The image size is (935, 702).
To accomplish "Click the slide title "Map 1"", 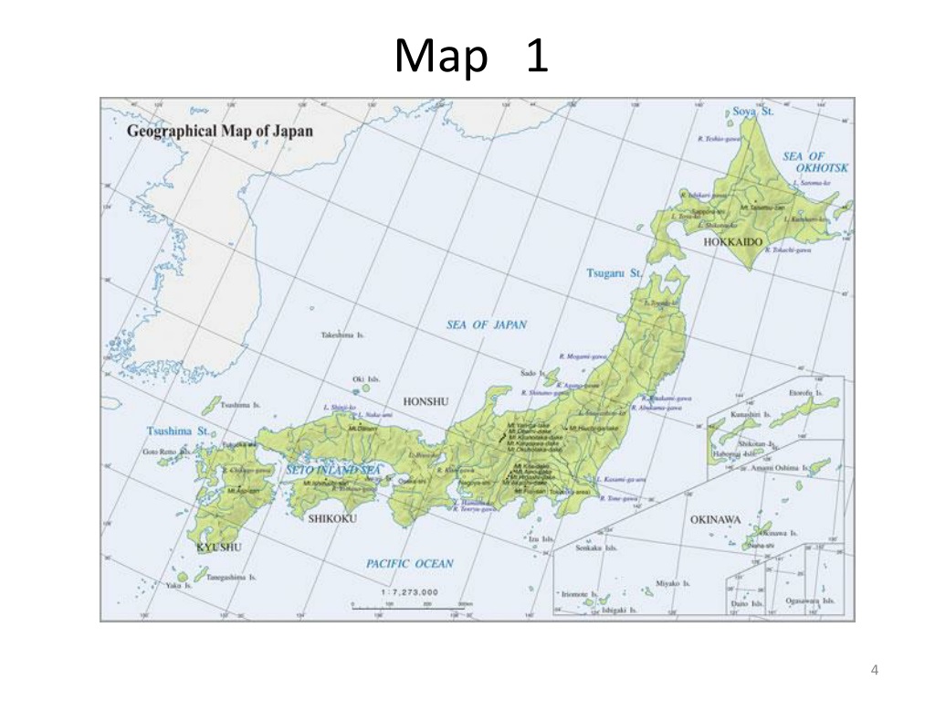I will click(471, 57).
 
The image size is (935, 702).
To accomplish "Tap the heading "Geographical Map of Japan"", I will click(219, 131).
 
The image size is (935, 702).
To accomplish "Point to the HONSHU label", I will click(425, 400).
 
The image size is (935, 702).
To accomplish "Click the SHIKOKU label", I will click(331, 518).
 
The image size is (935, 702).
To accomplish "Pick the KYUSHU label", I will click(219, 547).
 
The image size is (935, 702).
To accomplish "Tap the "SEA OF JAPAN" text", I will click(486, 324).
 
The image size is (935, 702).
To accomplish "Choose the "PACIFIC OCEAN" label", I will click(410, 564).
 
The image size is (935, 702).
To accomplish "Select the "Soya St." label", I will click(753, 111).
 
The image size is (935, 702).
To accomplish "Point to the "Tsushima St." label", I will click(179, 430).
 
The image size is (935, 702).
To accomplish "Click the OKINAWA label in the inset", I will click(715, 519).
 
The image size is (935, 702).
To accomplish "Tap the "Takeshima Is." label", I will click(342, 335).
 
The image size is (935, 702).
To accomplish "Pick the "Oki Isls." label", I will click(366, 379).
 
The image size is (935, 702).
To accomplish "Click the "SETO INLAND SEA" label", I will click(332, 470).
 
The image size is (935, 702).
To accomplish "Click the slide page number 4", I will click(875, 671).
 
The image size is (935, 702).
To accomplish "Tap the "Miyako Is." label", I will click(673, 582).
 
